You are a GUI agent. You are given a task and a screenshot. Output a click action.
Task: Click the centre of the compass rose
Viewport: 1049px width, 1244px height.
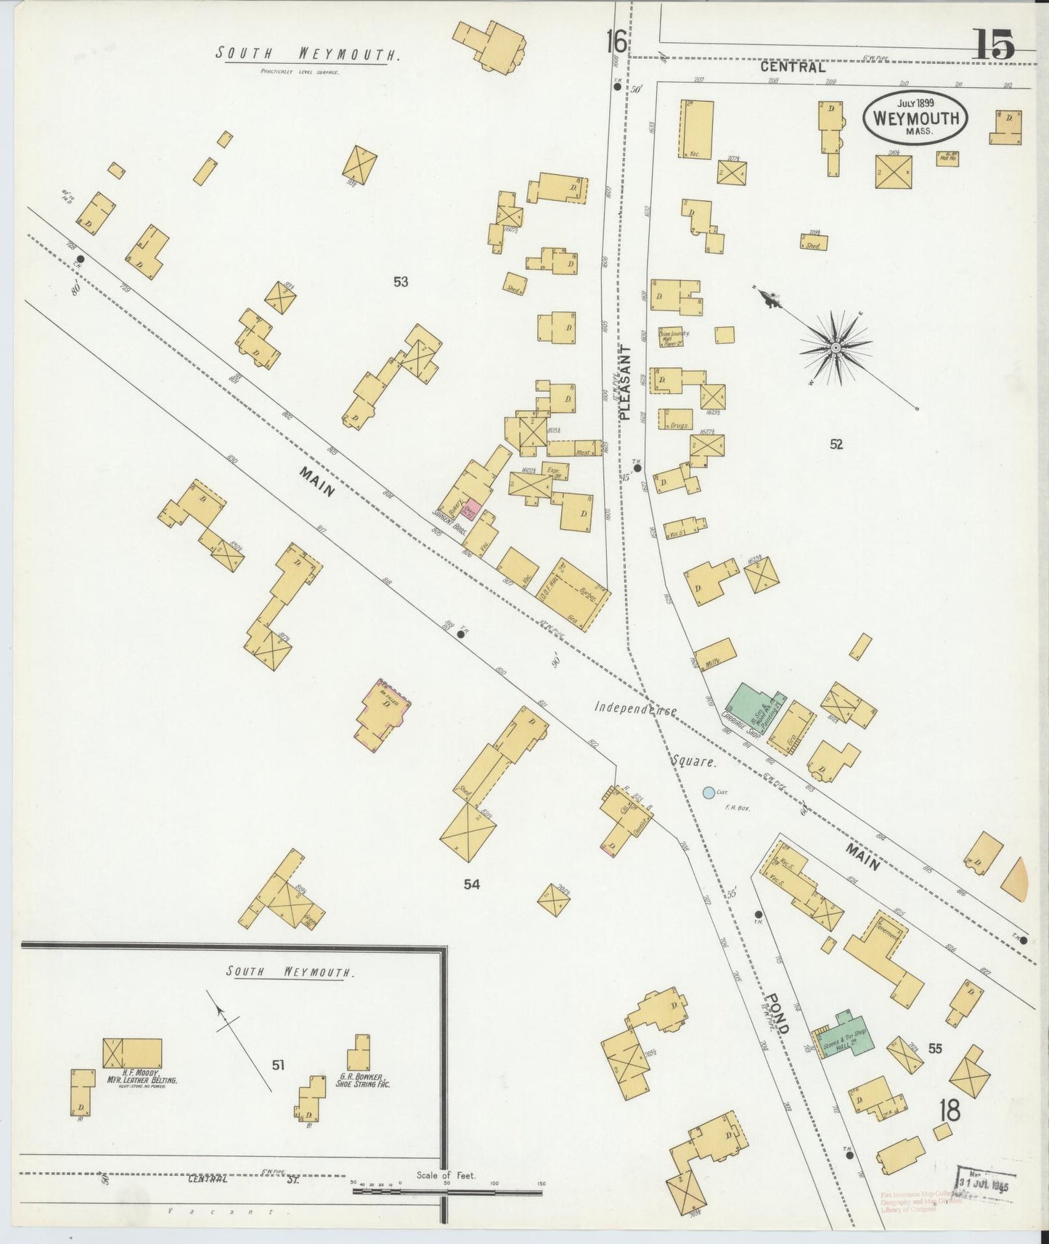tap(836, 348)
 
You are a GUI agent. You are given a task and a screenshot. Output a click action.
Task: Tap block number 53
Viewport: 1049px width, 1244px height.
tap(400, 282)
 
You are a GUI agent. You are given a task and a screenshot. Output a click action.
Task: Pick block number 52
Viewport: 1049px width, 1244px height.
tap(836, 444)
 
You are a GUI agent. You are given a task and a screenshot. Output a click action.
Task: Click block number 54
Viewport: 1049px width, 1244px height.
tap(472, 883)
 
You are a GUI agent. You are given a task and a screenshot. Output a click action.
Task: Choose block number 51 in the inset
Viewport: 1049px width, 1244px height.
tap(278, 1065)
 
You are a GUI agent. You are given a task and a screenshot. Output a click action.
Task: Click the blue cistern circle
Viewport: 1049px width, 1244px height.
tap(709, 793)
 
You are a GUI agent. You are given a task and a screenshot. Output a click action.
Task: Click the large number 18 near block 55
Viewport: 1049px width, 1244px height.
tap(949, 1110)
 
